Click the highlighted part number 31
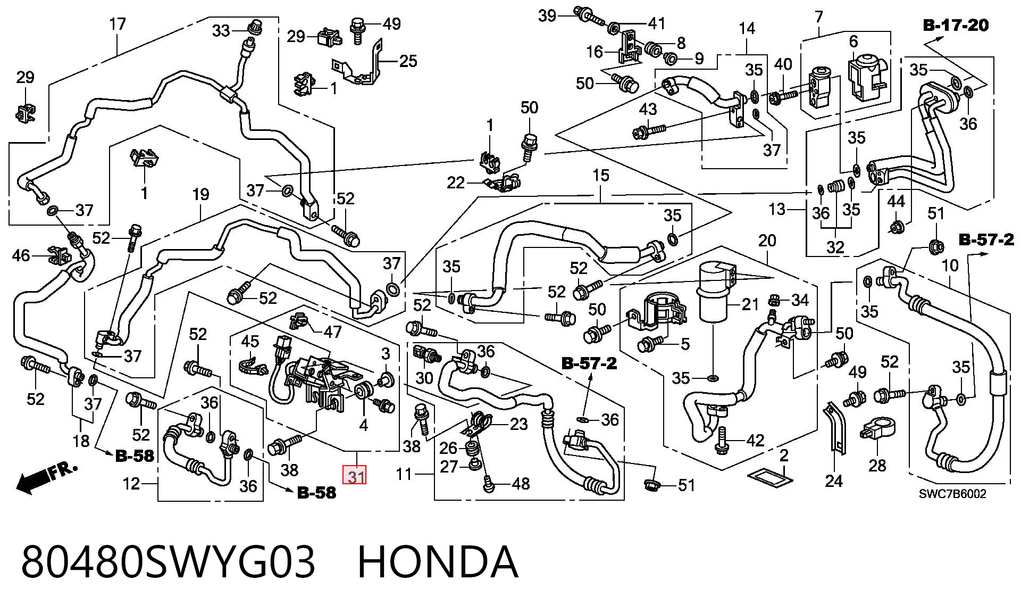tap(356, 475)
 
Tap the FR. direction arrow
tap(47, 477)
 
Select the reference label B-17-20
tap(955, 25)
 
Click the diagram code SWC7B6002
tap(952, 494)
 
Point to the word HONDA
tap(437, 562)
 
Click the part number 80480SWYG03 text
tap(168, 562)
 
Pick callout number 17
tap(118, 24)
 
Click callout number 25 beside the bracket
tap(408, 61)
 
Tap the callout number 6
tap(853, 41)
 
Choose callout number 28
tap(877, 465)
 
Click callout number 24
tap(833, 481)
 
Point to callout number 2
tap(784, 455)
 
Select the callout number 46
tap(22, 255)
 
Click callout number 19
tap(200, 195)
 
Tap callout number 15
tap(600, 176)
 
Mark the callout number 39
tap(547, 15)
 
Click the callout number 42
tap(755, 441)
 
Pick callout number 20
tap(767, 241)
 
